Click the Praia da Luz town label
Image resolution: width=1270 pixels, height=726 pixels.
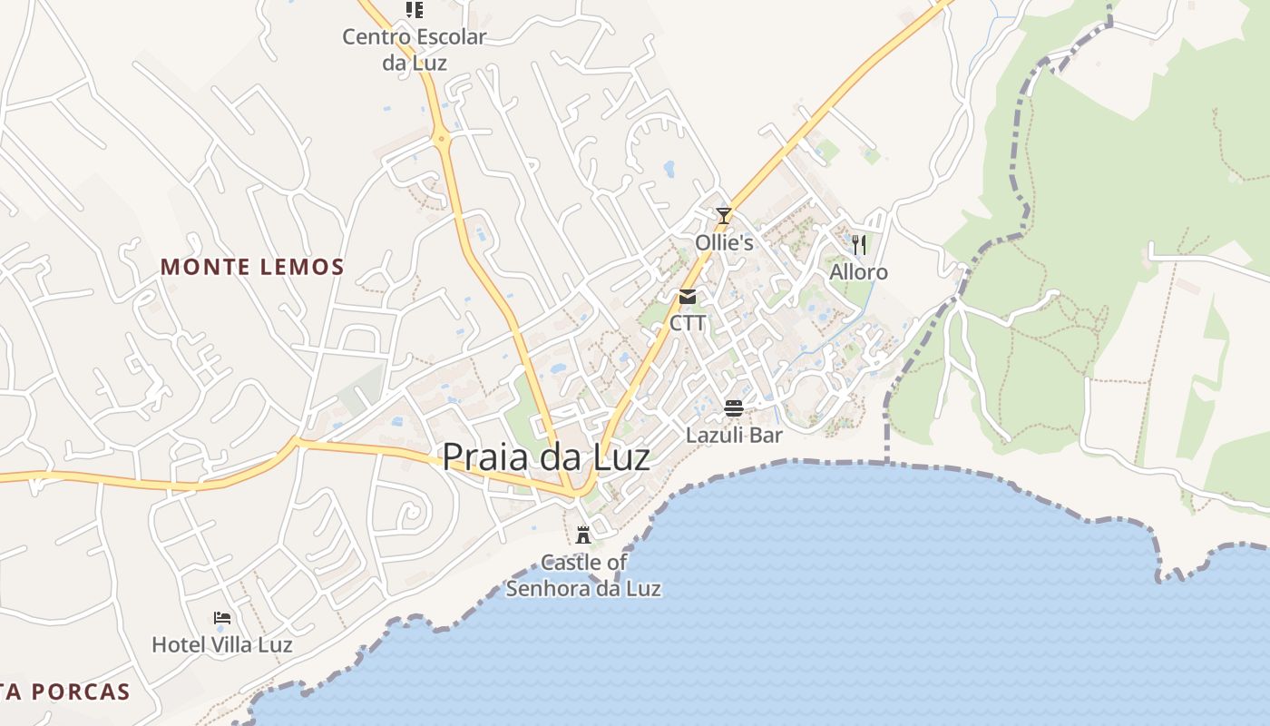545,456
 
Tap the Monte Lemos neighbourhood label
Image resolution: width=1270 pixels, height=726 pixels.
252,267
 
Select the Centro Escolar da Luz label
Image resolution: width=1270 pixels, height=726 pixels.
414,49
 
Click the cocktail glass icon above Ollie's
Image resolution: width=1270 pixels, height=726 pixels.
723,216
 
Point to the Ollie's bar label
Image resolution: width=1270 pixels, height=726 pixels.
724,243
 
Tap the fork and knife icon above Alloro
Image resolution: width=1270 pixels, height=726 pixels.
858,244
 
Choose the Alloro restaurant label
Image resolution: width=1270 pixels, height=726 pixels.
858,272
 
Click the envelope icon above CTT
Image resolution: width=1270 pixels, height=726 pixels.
688,297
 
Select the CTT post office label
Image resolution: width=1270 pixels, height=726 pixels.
688,323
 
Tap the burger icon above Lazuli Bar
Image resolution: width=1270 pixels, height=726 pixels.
734,408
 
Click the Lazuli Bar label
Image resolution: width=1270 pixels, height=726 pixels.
734,436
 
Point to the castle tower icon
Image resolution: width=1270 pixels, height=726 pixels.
583,535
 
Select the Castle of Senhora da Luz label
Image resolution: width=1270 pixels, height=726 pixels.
583,575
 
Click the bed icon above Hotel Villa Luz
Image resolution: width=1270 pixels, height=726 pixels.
222,618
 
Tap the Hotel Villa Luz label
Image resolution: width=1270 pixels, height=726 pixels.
222,645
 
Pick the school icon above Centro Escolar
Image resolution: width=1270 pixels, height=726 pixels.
414,10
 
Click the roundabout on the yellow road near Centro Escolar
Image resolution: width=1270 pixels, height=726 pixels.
442,139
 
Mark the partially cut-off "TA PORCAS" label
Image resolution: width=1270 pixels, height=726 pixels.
65,692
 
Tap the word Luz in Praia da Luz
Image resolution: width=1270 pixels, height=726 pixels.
616,456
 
